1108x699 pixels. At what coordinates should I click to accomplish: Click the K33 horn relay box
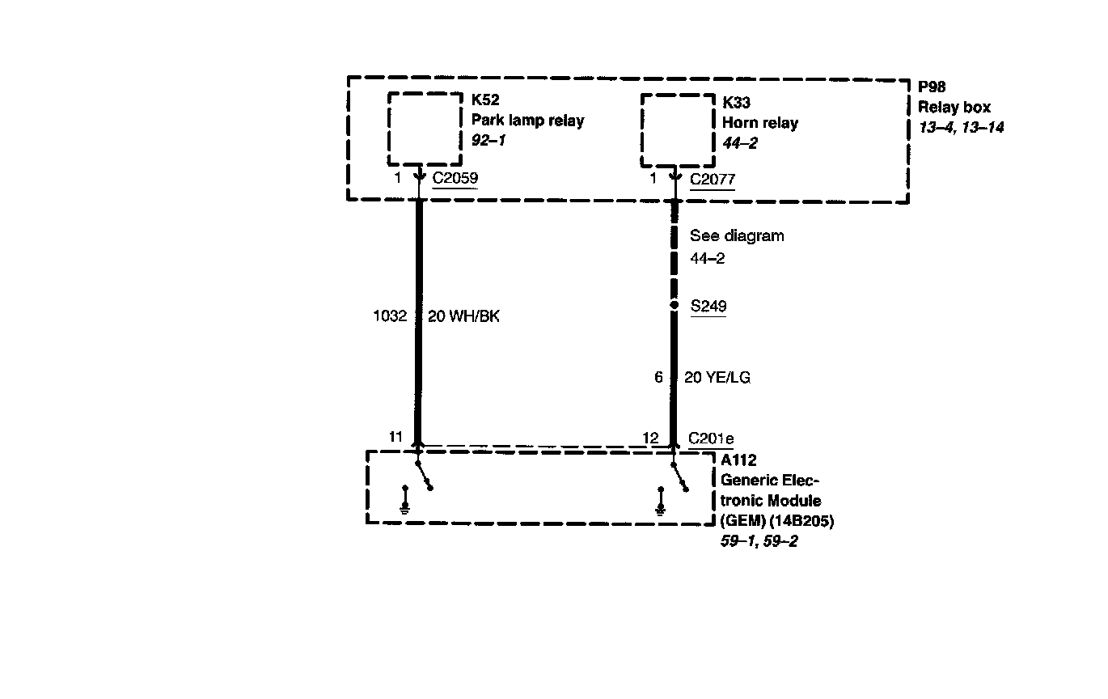click(x=674, y=128)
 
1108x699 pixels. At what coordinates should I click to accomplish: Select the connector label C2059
click(x=455, y=179)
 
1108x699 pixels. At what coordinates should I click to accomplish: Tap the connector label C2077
click(x=712, y=179)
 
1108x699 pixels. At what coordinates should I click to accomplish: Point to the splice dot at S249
click(x=674, y=306)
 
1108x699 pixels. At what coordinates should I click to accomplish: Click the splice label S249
click(x=708, y=307)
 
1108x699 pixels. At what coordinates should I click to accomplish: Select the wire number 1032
click(x=390, y=316)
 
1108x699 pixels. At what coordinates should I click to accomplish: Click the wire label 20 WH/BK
click(x=463, y=316)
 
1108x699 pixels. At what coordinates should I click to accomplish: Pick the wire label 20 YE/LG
click(x=717, y=377)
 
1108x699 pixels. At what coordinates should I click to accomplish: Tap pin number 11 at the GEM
click(x=395, y=437)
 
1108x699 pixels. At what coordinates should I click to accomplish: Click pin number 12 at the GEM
click(x=651, y=438)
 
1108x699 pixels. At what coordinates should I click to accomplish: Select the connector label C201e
click(x=711, y=438)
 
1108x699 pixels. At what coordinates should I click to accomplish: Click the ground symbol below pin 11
click(x=404, y=502)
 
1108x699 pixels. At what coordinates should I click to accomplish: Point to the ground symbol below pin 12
click(x=661, y=502)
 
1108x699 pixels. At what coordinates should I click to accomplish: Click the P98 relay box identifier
click(x=932, y=87)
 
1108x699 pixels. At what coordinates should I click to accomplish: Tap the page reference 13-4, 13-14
click(x=961, y=127)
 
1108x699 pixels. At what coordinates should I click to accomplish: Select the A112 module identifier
click(x=738, y=460)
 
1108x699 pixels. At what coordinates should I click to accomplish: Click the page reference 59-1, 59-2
click(x=759, y=541)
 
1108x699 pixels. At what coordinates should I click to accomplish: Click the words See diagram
click(x=737, y=236)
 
